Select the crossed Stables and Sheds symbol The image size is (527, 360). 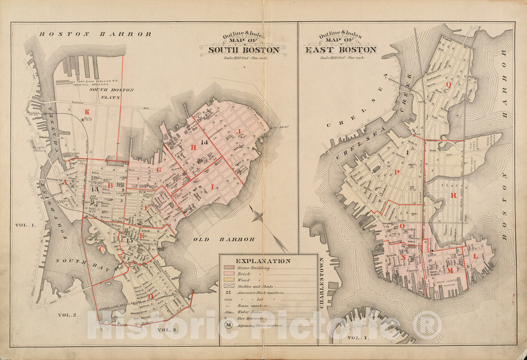point(228,286)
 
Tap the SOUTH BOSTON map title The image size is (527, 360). point(244,50)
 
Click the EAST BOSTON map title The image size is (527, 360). point(341,50)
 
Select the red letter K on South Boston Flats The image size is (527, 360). point(86,112)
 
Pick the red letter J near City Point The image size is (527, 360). point(239,131)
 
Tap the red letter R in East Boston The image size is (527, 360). point(453,196)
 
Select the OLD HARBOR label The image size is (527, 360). point(224,239)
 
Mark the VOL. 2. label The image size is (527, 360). point(67,315)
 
